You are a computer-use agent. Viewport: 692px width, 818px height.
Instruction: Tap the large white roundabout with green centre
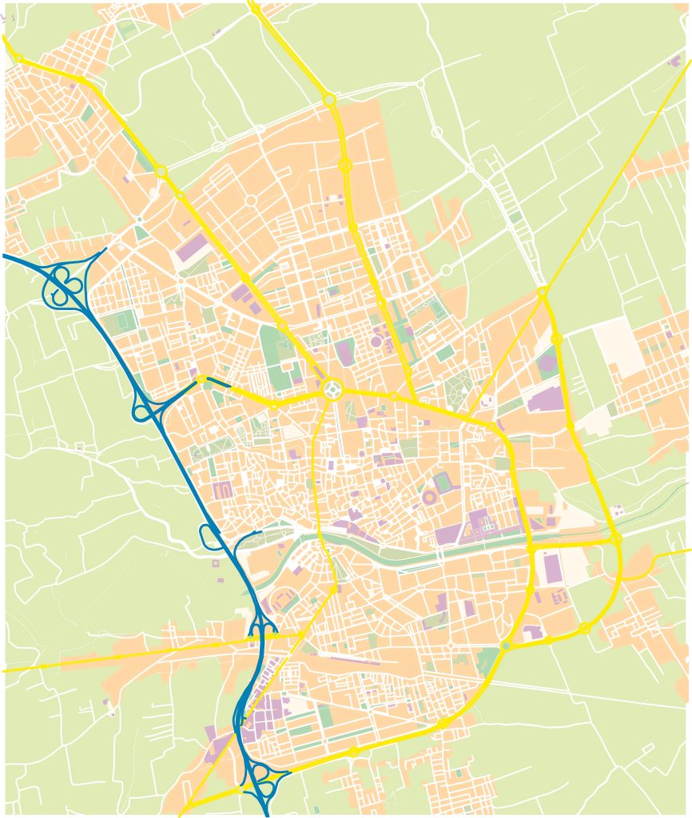[332, 390]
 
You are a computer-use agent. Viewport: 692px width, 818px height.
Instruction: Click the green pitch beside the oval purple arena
[443, 482]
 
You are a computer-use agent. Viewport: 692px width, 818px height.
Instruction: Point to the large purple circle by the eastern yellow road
[547, 363]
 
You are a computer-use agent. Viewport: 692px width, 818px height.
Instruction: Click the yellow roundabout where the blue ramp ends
[202, 379]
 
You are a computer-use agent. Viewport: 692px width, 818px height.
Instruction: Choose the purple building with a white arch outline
[222, 489]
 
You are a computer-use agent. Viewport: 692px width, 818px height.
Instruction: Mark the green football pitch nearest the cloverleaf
[123, 320]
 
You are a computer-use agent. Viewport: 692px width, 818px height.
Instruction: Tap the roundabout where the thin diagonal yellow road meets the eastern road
[542, 292]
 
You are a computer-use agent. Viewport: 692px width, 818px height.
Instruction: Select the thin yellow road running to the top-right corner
[623, 160]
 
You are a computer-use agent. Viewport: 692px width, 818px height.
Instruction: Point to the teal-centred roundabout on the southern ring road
[505, 645]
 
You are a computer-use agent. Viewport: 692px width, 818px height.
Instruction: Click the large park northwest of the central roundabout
[276, 355]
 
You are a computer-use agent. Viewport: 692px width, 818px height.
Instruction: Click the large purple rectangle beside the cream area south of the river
[552, 567]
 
